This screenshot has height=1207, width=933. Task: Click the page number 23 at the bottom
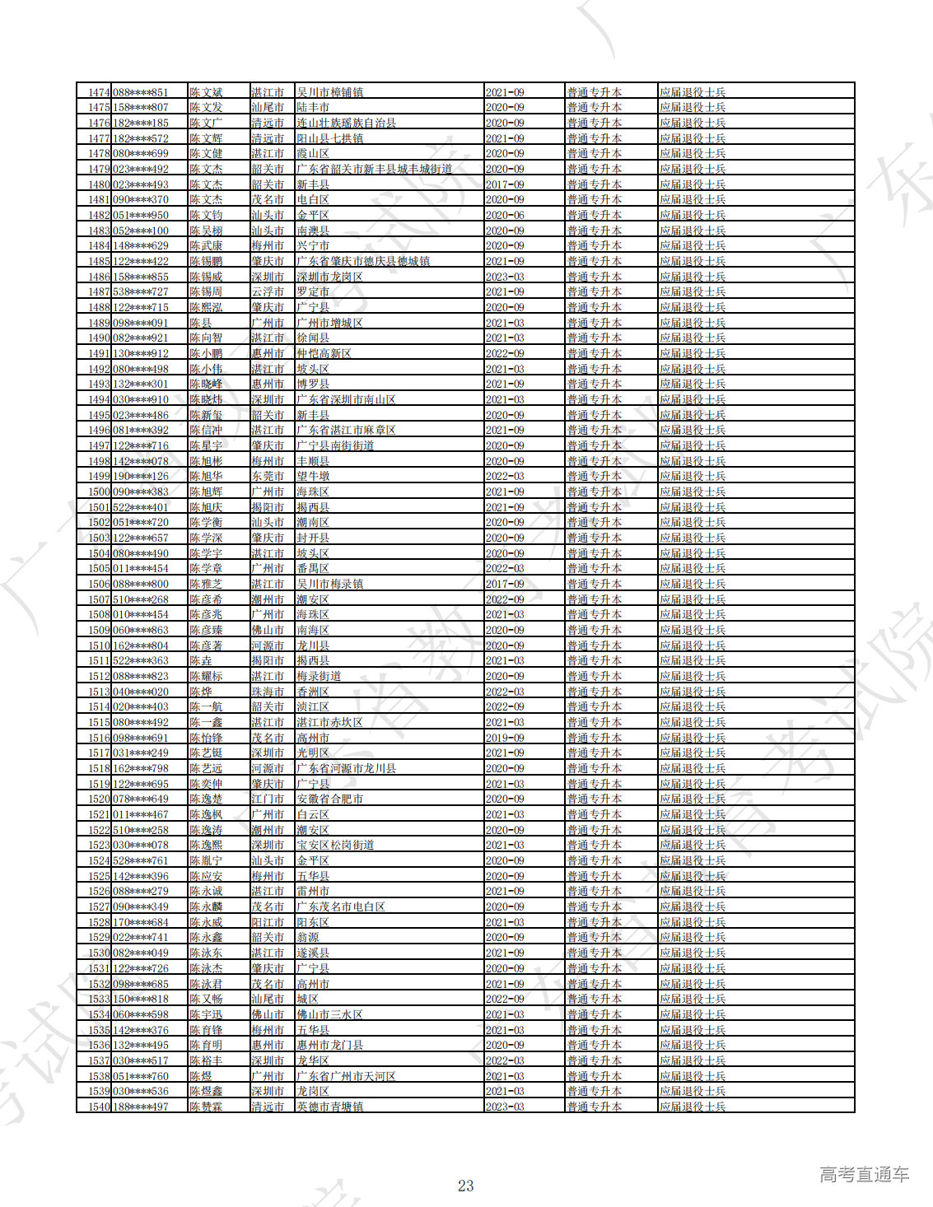[x=465, y=1186]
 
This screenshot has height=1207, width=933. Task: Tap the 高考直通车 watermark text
[x=864, y=1174]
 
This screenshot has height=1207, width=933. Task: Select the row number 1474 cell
[x=99, y=92]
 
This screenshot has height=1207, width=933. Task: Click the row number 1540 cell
[x=99, y=1107]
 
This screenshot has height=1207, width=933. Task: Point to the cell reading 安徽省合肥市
[x=329, y=799]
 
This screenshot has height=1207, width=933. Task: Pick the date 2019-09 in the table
[x=504, y=738]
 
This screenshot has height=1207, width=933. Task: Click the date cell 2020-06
[x=504, y=215]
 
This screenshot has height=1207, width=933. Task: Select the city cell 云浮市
[x=268, y=291]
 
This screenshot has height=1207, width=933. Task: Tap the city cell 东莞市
[x=268, y=476]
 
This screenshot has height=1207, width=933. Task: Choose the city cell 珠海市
[x=268, y=692]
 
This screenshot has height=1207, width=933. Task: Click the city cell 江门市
[x=268, y=799]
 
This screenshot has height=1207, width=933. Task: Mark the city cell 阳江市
[x=268, y=922]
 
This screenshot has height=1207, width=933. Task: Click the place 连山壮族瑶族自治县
[x=346, y=123]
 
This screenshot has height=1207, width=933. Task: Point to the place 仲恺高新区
[x=324, y=353]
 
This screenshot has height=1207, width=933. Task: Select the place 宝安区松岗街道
[x=335, y=845]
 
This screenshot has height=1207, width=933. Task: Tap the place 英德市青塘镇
[x=329, y=1107]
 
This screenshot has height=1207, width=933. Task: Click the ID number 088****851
[x=140, y=92]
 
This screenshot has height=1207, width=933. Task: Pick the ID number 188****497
[x=140, y=1107]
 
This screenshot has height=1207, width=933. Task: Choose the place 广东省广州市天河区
[x=346, y=1076]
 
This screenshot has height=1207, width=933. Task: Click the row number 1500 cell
[x=99, y=492]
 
